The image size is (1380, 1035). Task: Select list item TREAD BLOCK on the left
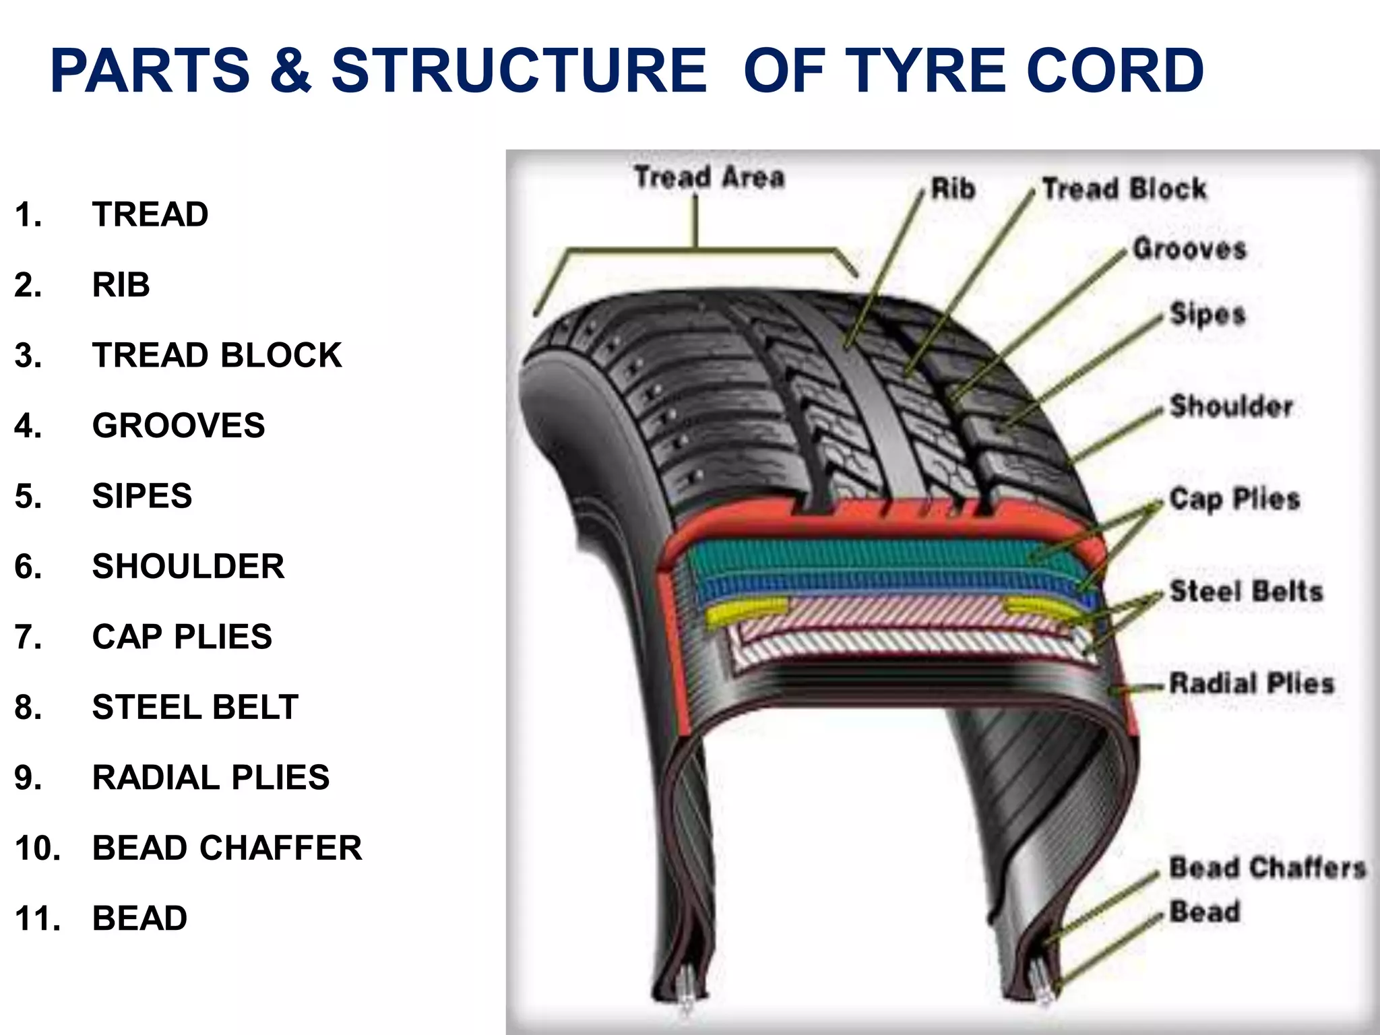[x=217, y=355]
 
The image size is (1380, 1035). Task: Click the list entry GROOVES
[x=179, y=425]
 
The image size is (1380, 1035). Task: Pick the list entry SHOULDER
[x=188, y=566]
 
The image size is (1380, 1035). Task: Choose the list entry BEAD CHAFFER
[x=227, y=848]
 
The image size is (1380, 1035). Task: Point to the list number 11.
[x=37, y=918]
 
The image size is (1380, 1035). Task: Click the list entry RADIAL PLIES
[x=211, y=778]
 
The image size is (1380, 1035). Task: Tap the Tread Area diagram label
[x=710, y=177]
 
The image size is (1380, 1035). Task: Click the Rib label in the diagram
[x=953, y=189]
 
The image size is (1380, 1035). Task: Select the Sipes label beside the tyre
[x=1207, y=314]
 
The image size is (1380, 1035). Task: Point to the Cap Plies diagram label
[x=1234, y=499]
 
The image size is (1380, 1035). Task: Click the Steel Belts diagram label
[x=1247, y=591]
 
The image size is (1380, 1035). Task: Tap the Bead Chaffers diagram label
[x=1267, y=867]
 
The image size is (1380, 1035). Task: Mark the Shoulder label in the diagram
[x=1231, y=406]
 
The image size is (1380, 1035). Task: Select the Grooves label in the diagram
[x=1190, y=249]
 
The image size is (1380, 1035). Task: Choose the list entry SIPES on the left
[x=142, y=496]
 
